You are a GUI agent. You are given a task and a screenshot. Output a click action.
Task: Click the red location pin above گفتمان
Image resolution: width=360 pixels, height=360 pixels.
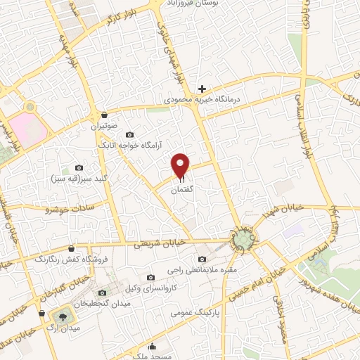click(x=181, y=165)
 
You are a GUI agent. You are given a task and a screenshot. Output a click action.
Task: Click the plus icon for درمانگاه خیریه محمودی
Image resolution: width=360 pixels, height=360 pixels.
click(x=202, y=89)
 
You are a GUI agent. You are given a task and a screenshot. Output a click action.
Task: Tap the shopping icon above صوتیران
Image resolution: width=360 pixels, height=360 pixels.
click(x=105, y=115)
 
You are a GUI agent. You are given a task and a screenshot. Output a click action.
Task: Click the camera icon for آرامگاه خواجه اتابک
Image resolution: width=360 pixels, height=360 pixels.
click(x=129, y=134)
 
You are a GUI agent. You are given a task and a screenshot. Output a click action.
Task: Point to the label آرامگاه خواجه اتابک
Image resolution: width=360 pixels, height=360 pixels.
click(x=129, y=146)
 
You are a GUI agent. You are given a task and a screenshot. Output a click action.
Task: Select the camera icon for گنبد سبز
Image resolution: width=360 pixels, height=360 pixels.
click(x=79, y=169)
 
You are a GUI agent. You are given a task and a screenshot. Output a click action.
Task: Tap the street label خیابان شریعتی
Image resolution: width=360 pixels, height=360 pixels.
click(x=160, y=242)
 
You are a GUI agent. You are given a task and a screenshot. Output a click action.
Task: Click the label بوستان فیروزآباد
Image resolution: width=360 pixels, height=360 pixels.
click(x=205, y=4)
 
